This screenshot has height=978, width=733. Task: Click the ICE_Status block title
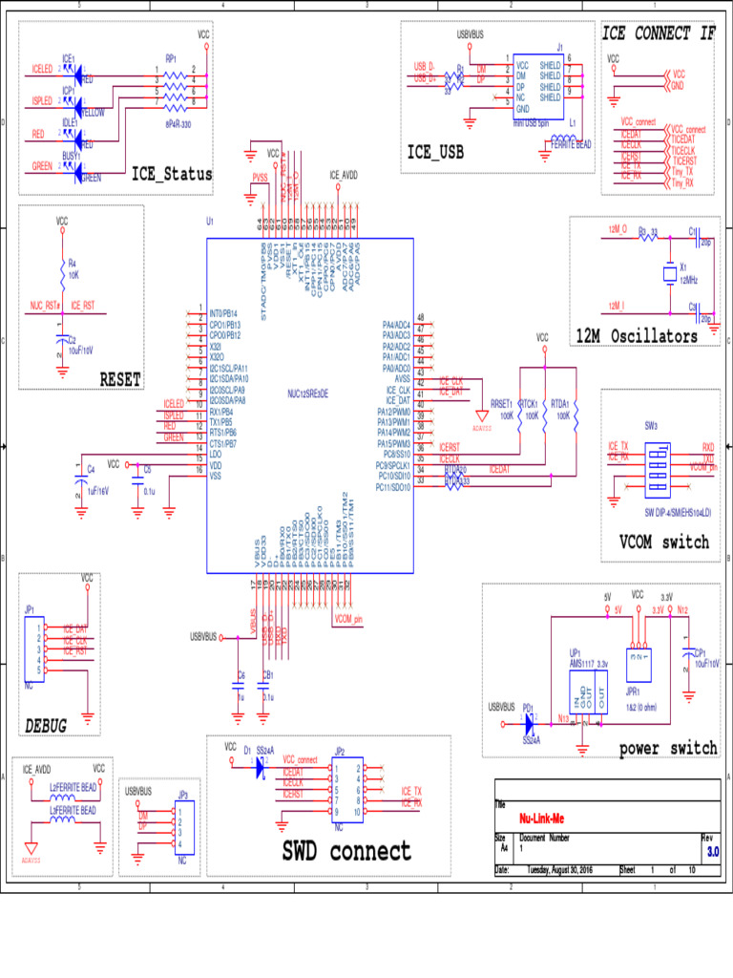point(173,175)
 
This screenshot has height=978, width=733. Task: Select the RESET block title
point(121,379)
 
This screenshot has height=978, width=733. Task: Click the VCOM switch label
point(664,542)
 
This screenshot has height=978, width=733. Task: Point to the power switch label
point(667,748)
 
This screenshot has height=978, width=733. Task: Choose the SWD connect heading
point(346,851)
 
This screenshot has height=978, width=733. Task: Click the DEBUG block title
point(46,727)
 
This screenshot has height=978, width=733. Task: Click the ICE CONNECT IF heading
point(658,33)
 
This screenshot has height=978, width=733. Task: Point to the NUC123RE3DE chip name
point(309,393)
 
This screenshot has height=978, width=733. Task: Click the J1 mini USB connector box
point(538,86)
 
